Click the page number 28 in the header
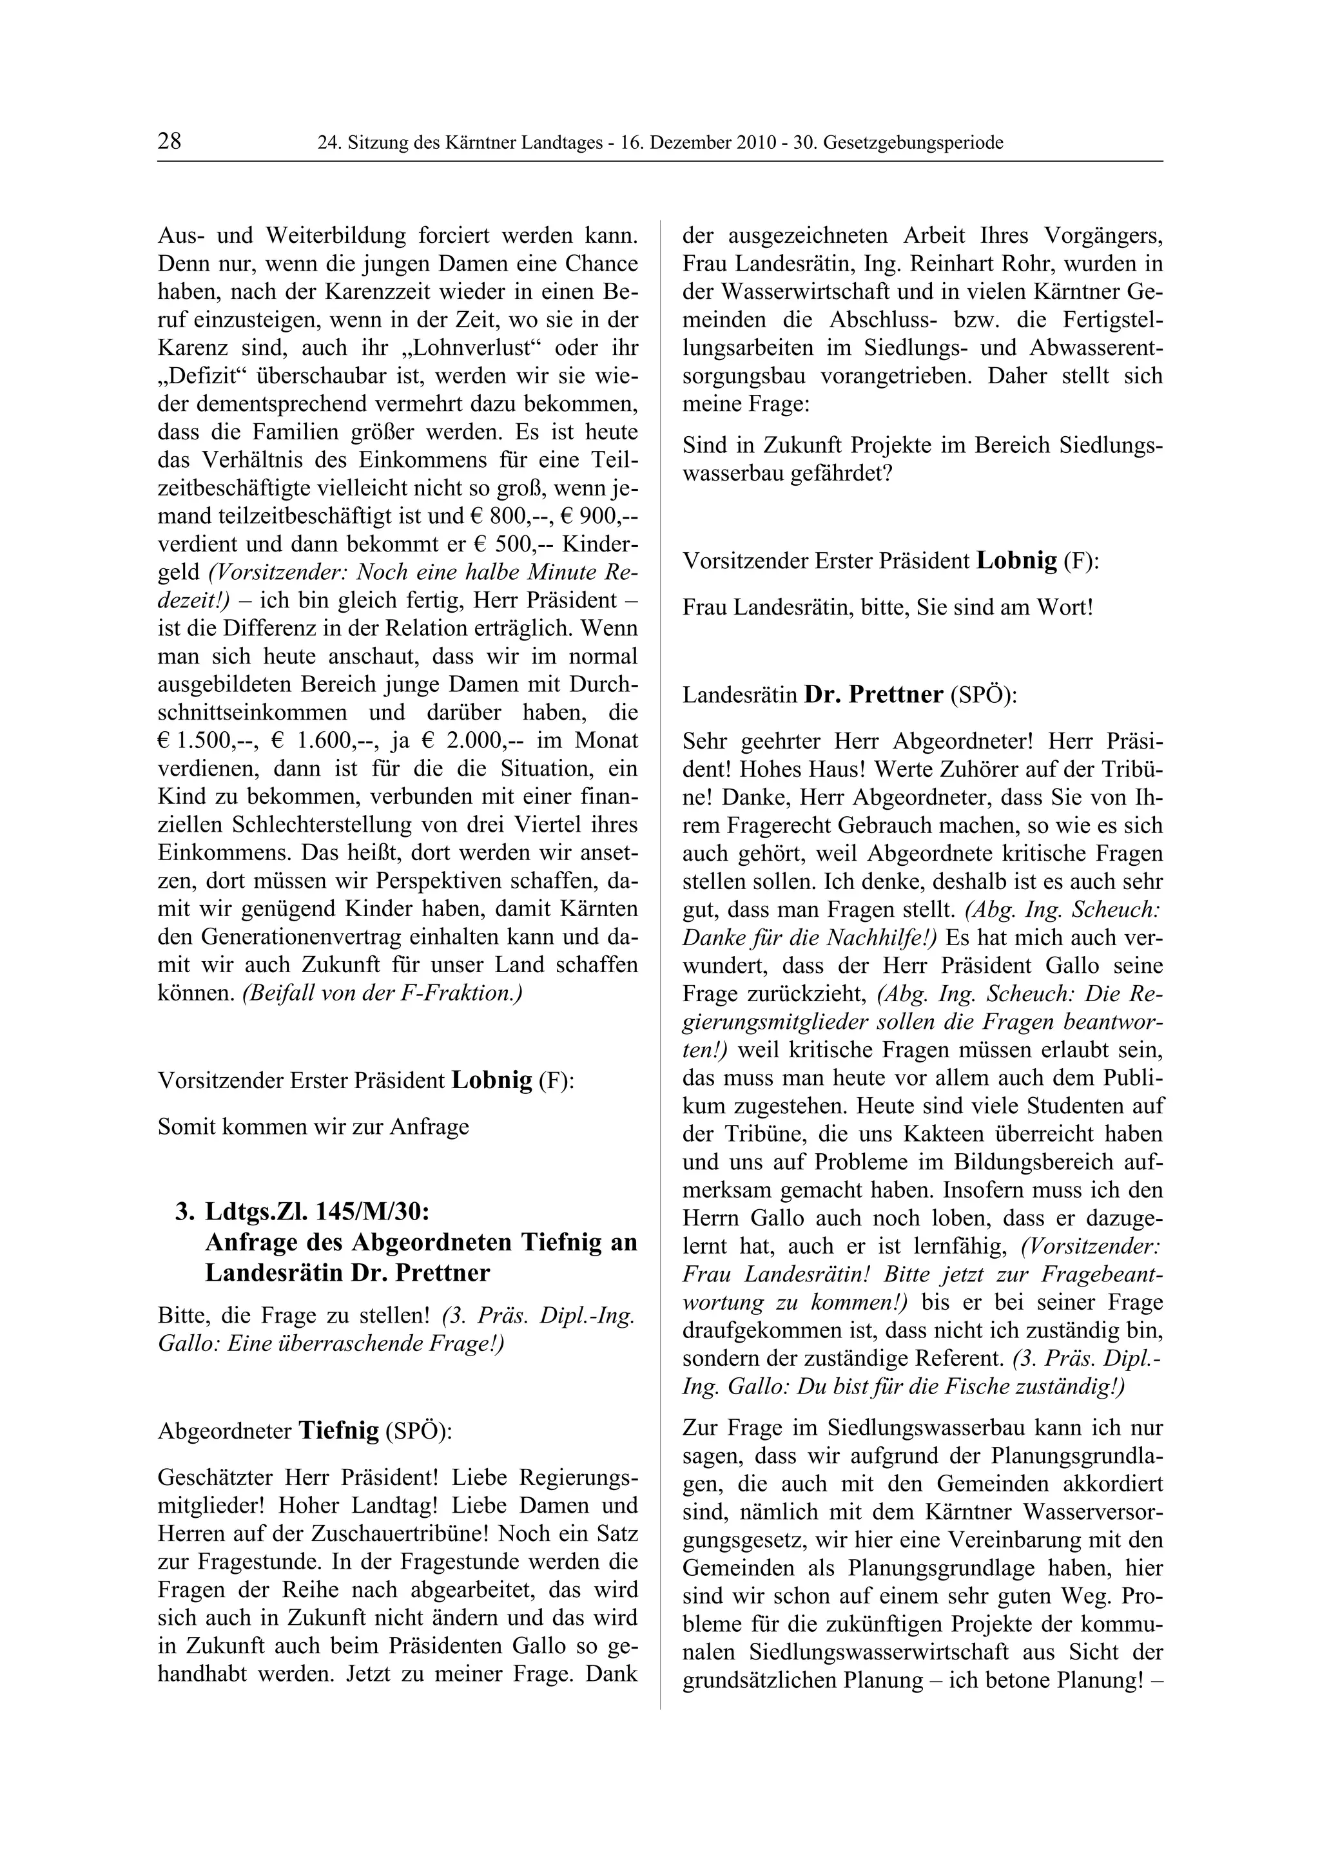tap(169, 142)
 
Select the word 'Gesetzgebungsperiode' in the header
tap(913, 144)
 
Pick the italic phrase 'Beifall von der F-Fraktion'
tap(382, 993)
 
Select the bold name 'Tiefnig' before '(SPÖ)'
tap(339, 1430)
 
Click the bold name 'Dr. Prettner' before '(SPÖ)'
tap(873, 695)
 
